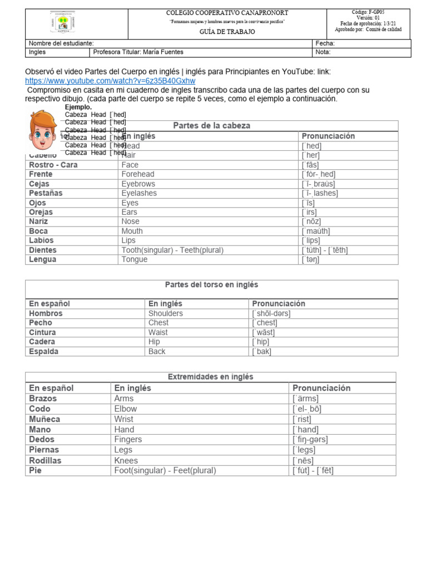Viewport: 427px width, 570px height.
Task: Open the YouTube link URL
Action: tap(110, 81)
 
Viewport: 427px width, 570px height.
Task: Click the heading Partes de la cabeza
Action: tap(212, 126)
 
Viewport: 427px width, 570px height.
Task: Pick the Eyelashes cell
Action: tap(139, 193)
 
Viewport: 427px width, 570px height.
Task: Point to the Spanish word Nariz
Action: tap(38, 222)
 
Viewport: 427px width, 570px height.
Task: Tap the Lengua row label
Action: tap(43, 259)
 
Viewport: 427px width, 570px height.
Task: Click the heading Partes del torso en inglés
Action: tap(212, 284)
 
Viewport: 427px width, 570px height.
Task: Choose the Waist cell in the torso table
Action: tap(158, 332)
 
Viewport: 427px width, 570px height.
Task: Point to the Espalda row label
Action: tap(43, 352)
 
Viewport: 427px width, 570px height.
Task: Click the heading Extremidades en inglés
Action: tap(210, 377)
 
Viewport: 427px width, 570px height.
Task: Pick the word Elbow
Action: tap(125, 409)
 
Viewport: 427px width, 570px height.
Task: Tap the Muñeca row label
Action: tap(44, 419)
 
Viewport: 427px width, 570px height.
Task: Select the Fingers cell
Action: tap(128, 439)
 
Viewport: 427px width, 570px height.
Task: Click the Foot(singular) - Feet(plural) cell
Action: tap(165, 470)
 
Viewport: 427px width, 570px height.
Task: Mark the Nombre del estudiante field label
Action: tap(61, 43)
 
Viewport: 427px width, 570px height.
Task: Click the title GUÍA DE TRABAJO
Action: tap(227, 32)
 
